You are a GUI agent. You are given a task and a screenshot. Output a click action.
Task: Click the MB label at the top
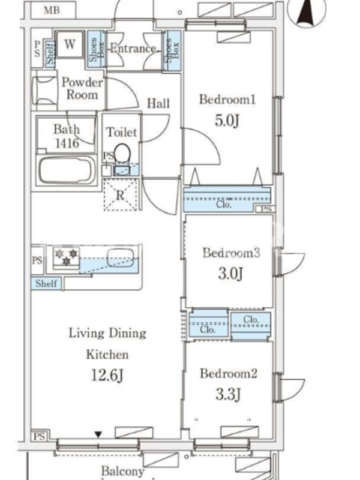point(52,10)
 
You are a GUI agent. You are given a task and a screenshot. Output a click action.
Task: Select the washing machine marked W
point(70,44)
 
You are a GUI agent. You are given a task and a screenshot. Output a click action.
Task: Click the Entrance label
point(133,49)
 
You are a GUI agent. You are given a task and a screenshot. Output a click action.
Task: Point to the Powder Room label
point(82,88)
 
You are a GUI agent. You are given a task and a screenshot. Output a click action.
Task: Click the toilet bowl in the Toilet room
point(122,152)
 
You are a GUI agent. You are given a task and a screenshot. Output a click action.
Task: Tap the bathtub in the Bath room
point(65,170)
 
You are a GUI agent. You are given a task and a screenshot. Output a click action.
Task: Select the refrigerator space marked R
point(121,194)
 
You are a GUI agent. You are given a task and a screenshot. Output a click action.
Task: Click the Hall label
point(158,103)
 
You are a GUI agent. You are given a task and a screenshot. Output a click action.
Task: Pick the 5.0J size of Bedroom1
point(227,121)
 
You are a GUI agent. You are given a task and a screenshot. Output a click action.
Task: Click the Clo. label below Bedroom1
point(224,204)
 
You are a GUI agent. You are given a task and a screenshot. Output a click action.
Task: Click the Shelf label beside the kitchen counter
point(46,283)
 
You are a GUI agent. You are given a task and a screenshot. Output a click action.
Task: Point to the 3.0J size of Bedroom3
point(230,273)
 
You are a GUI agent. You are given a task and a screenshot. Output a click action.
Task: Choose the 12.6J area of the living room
point(107,375)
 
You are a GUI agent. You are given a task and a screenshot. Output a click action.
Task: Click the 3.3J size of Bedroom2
point(229,394)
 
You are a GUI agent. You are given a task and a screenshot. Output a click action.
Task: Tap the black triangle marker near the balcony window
point(98,434)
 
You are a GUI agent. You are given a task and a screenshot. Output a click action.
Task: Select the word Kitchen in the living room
point(107,355)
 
